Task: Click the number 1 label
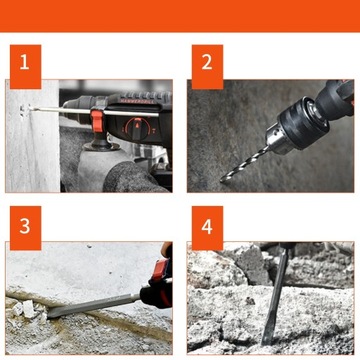click(x=25, y=67)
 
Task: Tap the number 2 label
click(x=207, y=67)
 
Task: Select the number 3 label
click(x=25, y=228)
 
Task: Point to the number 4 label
click(x=207, y=228)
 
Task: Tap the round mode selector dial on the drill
click(x=137, y=129)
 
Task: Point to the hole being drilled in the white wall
click(x=24, y=110)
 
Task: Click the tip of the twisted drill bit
click(x=222, y=180)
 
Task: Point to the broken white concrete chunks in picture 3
click(x=27, y=309)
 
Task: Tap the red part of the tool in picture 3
click(x=158, y=271)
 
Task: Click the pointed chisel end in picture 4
click(x=267, y=340)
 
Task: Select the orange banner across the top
click(x=180, y=16)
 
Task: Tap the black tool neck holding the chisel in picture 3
click(x=154, y=295)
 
